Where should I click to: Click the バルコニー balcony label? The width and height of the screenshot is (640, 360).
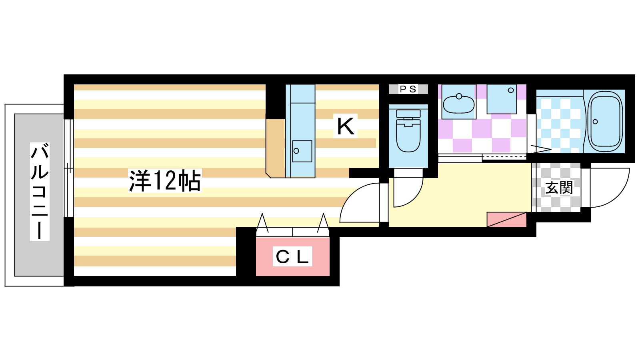40,192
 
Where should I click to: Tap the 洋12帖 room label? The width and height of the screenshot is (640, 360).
165,181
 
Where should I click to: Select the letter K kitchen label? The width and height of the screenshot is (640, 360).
346,126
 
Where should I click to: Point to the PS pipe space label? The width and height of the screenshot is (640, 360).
408,89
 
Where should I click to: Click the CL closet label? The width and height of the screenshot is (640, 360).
292,256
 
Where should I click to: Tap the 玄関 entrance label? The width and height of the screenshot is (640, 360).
559,188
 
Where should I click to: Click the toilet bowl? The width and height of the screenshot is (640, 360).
408,136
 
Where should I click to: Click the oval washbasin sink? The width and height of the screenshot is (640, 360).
458,104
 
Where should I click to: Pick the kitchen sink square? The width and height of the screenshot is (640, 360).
302,151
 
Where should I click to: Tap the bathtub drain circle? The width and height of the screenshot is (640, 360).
595,122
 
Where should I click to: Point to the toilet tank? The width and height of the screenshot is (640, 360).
408,114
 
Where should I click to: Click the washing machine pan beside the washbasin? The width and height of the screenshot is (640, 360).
502,99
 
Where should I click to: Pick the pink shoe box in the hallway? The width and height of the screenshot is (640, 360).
506,220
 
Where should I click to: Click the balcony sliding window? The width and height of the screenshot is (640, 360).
68,168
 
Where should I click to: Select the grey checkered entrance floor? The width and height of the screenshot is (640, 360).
556,188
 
